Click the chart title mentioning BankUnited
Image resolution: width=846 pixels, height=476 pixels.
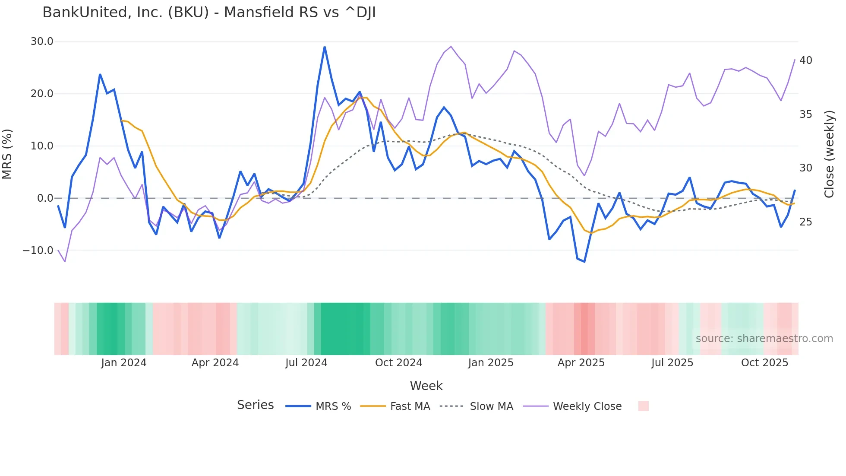[209, 13]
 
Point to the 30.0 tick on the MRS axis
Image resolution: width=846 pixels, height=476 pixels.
[42, 41]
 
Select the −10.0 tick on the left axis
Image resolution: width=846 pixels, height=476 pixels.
[38, 251]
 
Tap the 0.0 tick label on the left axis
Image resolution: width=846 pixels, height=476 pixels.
[45, 198]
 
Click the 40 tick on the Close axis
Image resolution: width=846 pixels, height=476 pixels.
[805, 60]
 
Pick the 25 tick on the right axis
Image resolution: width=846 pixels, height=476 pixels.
[805, 222]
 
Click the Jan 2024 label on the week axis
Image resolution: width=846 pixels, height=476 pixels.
[124, 363]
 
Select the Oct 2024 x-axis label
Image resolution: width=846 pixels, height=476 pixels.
[398, 363]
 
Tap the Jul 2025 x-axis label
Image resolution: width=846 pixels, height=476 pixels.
[672, 363]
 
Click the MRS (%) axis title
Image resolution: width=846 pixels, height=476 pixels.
[7, 154]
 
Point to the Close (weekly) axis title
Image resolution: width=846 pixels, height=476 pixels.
[829, 154]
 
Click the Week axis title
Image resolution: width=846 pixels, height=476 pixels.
[426, 386]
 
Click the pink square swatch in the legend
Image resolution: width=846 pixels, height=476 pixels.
[643, 406]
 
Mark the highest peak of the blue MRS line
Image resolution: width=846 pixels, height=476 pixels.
[325, 47]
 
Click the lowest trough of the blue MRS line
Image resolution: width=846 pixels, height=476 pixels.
[584, 262]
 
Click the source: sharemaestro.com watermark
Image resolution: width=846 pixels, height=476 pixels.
[764, 339]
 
